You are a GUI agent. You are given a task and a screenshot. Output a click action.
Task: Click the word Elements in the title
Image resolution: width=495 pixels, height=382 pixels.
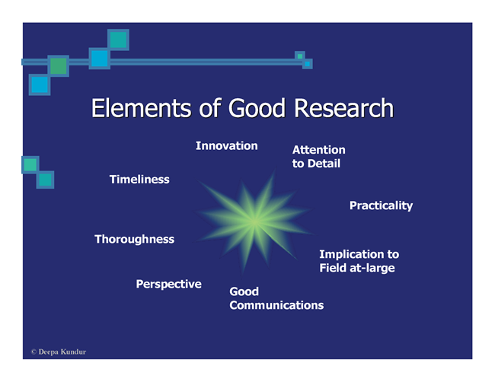click(141, 108)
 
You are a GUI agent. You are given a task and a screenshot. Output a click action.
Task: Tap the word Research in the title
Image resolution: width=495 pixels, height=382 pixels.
click(343, 108)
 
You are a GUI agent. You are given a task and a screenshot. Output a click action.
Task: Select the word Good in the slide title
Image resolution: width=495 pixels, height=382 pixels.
click(257, 108)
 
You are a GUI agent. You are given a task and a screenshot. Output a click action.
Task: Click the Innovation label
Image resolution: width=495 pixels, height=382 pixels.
click(227, 146)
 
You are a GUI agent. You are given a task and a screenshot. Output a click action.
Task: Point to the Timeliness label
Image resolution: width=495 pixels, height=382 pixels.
click(139, 179)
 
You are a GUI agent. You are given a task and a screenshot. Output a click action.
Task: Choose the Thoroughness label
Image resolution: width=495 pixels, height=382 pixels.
click(135, 239)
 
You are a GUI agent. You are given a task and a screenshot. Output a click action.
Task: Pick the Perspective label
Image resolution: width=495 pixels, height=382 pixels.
click(168, 284)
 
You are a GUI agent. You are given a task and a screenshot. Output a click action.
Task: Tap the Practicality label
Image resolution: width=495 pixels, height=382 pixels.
click(381, 205)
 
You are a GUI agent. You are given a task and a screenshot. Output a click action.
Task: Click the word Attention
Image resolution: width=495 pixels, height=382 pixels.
click(319, 150)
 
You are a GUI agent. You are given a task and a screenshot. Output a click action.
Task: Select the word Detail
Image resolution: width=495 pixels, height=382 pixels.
click(324, 164)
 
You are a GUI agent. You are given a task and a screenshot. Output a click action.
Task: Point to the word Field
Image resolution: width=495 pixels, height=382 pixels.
click(333, 268)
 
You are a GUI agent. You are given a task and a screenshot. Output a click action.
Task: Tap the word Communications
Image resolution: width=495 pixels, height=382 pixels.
click(276, 305)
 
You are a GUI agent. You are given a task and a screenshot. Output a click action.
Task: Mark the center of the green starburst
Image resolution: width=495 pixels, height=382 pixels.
click(254, 221)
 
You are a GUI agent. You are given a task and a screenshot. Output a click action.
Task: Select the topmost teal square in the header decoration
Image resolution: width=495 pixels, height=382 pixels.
click(118, 40)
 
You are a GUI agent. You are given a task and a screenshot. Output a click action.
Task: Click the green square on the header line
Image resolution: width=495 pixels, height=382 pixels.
click(59, 66)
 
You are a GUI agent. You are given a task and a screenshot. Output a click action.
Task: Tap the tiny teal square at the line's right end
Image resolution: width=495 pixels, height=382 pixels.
click(300, 56)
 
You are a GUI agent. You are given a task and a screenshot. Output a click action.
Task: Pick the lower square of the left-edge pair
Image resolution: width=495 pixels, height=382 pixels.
click(45, 180)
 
